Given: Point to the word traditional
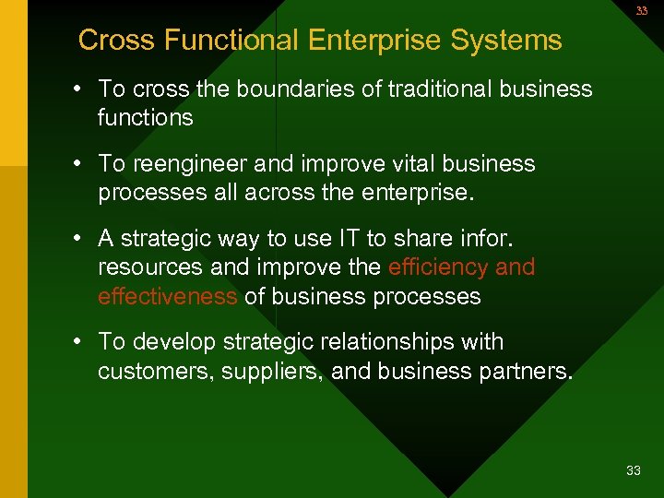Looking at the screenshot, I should pos(439,89).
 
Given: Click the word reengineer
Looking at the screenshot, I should pos(192,164).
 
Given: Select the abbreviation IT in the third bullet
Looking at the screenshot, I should pos(349,239).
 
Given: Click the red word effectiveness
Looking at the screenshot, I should pos(168,297).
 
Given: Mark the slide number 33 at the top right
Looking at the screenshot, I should pos(641,11).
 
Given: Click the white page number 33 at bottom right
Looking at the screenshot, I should pos(634,471).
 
